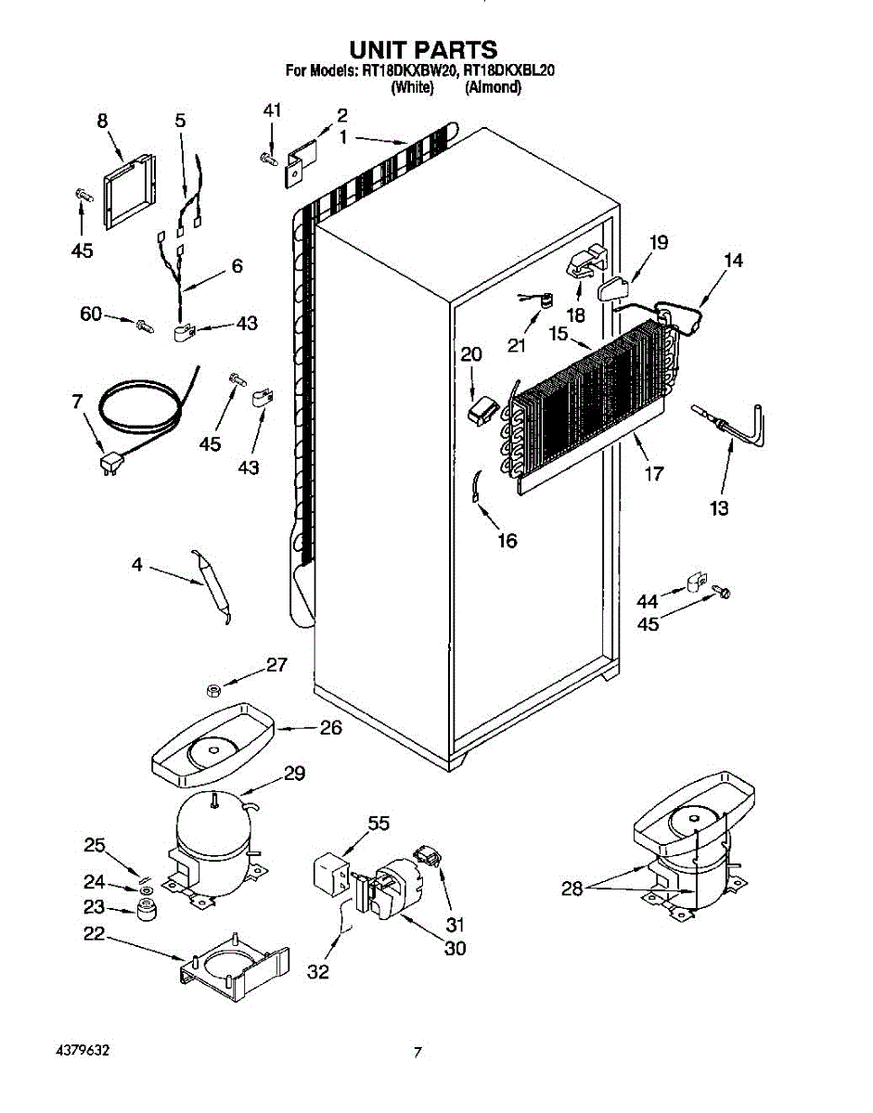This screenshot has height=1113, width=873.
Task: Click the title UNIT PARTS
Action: [x=422, y=49]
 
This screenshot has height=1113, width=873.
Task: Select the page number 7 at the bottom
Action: [x=418, y=1053]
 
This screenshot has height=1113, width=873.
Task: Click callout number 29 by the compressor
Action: [x=294, y=774]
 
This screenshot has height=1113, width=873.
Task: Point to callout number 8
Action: [x=102, y=121]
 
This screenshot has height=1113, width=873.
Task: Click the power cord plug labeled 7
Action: [x=109, y=460]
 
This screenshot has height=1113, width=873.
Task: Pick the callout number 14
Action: [x=733, y=261]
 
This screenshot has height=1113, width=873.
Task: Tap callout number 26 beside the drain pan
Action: [x=330, y=728]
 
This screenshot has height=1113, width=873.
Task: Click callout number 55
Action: [x=378, y=823]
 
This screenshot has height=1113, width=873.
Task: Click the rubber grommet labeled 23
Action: [x=144, y=912]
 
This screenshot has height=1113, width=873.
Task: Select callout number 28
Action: [x=572, y=889]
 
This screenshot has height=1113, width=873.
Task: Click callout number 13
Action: [x=719, y=507]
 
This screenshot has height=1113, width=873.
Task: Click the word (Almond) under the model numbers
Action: [x=493, y=88]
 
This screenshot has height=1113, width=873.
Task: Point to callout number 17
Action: [x=654, y=474]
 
